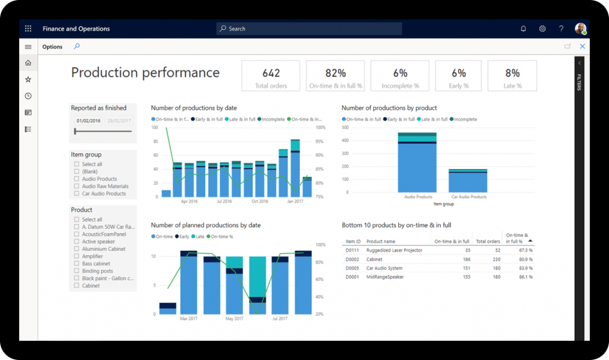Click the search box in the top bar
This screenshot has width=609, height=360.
coord(309,29)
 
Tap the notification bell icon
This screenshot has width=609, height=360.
coord(523,29)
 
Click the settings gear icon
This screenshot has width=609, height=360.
coord(542,29)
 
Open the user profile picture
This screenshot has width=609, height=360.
coord(580,29)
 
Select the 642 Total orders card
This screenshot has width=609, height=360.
coord(271,76)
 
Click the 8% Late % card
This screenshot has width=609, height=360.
coord(512,76)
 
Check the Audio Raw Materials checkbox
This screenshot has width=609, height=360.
coord(77,186)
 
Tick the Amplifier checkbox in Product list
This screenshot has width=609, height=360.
coord(77,256)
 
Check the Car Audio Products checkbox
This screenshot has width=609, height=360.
coord(77,193)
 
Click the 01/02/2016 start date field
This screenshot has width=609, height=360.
coord(88,120)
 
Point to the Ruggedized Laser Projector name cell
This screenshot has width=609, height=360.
coord(394,251)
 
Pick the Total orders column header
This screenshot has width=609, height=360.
coord(488,242)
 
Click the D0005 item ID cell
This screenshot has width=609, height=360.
coord(352,268)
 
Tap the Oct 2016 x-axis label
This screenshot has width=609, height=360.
coord(259,202)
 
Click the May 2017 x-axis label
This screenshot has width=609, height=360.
coord(234,319)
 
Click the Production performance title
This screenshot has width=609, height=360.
coord(145,73)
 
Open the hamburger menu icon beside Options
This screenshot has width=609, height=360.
coord(28,46)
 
